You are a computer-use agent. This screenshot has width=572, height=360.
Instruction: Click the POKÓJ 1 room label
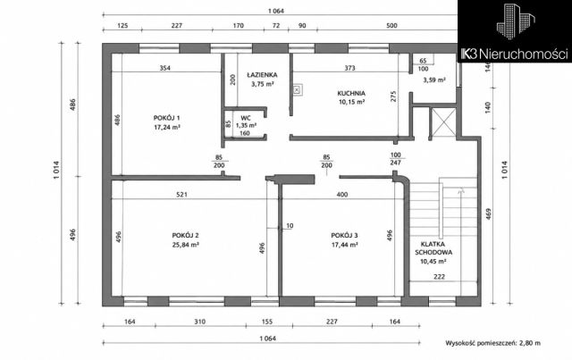166,118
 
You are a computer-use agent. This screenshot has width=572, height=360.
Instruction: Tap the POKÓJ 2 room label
185,236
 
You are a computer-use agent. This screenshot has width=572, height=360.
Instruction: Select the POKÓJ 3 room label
344,236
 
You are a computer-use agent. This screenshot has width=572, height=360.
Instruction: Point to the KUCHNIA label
351,94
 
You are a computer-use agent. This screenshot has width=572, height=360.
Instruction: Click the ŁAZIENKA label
262,75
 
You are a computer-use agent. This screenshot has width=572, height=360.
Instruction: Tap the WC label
246,118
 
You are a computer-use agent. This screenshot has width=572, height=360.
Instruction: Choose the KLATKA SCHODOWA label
433,248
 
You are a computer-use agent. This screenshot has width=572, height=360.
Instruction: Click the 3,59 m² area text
434,80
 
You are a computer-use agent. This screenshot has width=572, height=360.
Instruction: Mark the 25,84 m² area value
185,245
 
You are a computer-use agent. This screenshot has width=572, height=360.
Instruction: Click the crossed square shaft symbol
443,122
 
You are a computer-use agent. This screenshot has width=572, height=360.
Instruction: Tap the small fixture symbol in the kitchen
298,89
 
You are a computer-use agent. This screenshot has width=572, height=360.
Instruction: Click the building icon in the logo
515,21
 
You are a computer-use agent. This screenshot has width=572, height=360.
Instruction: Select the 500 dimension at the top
391,26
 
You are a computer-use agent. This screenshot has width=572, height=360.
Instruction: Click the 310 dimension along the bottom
199,322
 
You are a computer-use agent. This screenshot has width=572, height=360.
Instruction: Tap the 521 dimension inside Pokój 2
181,195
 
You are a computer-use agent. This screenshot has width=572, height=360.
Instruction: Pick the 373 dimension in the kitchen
349,68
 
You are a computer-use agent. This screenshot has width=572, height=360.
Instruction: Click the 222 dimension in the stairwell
439,277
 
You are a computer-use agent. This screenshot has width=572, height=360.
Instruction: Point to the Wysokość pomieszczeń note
492,343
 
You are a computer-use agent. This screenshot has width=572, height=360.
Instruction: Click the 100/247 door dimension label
395,159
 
